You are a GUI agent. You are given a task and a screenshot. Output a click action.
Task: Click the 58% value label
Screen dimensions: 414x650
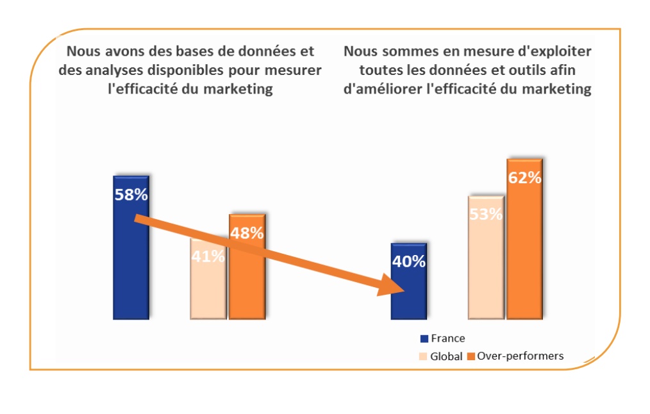click(x=131, y=195)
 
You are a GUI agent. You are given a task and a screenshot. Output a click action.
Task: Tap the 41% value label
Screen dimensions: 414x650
click(x=208, y=257)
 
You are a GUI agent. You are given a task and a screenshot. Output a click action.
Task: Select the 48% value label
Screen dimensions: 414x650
click(x=247, y=233)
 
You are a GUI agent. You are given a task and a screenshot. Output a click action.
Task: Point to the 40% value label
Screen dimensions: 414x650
click(x=409, y=261)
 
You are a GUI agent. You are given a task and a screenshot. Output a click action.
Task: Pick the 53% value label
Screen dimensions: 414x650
click(x=486, y=215)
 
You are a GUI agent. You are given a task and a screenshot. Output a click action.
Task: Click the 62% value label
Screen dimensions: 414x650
click(x=524, y=178)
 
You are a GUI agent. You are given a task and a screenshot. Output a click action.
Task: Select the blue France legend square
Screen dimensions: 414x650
click(x=424, y=338)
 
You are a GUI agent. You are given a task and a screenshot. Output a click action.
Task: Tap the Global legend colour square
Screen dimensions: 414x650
click(x=424, y=356)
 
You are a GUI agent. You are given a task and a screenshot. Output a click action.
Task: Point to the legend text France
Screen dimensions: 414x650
click(x=447, y=338)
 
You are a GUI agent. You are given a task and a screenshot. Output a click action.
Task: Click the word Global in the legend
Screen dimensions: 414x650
click(x=446, y=356)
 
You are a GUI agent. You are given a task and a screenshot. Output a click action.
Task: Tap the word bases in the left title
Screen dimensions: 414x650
click(x=172, y=51)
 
